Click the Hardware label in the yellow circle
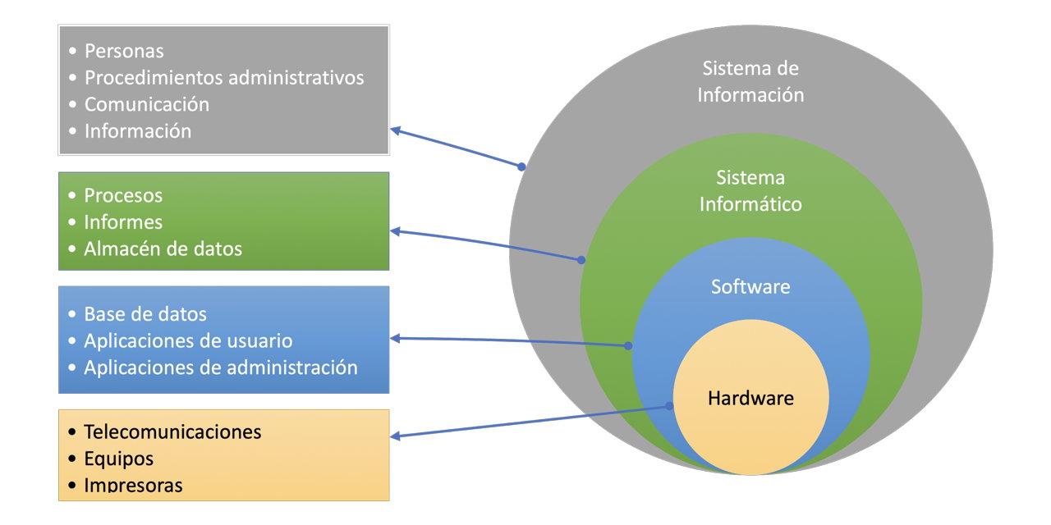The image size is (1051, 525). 750,399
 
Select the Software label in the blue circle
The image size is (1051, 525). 750,286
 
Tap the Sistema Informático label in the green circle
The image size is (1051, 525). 750,190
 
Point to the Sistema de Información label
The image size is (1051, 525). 750,81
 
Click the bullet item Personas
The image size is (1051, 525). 124,51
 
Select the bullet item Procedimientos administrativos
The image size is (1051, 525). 223,78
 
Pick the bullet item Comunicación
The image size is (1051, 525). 146,104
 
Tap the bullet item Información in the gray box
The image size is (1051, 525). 137,130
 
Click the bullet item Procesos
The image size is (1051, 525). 123,195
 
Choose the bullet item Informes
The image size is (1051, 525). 123,221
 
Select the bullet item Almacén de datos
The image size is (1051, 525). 163,249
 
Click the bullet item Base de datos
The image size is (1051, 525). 145,313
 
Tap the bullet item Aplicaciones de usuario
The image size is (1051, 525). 188,340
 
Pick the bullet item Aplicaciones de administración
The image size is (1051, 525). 220,367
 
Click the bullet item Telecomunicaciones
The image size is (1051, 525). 172,431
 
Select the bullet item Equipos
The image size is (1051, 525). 118,458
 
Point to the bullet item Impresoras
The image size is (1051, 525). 133,485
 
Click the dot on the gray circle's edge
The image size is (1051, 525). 521,167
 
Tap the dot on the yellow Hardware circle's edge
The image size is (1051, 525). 669,405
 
